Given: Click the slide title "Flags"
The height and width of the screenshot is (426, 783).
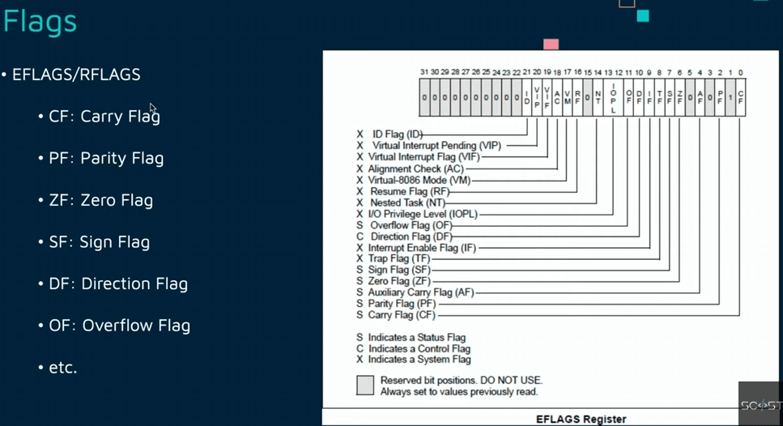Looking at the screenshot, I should pos(40,22).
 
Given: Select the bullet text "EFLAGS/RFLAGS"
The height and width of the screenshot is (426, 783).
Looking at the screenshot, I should pos(76,75).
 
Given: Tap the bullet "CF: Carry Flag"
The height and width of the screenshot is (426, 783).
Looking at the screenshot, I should pos(104,117).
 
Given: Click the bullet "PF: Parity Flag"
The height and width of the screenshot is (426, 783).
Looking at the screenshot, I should pos(106,158).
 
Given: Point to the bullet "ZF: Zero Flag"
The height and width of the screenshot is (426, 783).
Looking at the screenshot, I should pos(100,200).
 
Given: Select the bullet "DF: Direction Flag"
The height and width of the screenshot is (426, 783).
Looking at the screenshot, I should pos(118,284).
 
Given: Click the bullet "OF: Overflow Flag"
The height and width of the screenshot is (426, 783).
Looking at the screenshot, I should pos(119,326).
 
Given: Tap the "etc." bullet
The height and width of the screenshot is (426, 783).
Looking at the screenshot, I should pos(62,368).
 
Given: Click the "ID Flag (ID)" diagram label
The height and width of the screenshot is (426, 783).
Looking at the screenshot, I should pos(398,134).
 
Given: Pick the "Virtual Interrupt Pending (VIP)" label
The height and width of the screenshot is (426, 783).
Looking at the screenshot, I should pos(436,145).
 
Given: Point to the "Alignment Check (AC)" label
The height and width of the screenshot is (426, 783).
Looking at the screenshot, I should pos(415,168).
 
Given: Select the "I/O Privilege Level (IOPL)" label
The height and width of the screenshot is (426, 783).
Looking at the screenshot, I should pos(423,214).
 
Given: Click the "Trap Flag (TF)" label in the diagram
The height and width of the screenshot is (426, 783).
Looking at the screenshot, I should pos(399,258).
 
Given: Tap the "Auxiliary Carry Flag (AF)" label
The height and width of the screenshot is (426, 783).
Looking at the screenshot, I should pos(421,292).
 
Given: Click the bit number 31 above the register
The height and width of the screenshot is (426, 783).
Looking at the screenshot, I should pos(424,73).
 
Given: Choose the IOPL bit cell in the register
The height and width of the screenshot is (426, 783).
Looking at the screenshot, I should pos(613,97).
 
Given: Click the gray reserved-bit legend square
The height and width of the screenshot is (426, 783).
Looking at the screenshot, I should pos(365,385).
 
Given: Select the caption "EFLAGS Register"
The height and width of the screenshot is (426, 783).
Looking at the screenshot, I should pos(581,419).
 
